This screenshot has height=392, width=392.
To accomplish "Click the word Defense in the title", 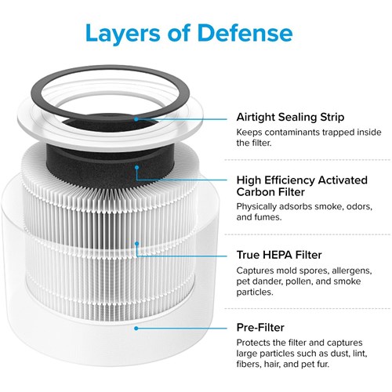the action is point(245,33).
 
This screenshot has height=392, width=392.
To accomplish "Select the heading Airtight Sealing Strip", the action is point(290,118).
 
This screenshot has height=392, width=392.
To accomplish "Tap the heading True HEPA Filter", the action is point(279,255).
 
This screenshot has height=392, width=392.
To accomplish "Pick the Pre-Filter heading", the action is point(260,328).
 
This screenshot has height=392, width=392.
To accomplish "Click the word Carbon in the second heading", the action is point(255,192).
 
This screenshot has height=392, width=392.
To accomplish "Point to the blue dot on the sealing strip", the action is point(136,119).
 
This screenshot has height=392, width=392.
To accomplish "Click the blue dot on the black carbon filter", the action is point(136,167).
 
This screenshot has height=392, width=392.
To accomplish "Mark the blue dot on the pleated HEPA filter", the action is point(136,244).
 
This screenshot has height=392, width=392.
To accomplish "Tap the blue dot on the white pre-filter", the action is point(136,328).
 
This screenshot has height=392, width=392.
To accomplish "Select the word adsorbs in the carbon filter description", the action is point(296,206).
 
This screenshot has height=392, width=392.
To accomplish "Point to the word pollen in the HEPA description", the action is point(299,281).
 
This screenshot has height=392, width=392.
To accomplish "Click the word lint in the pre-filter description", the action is point(361,354).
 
